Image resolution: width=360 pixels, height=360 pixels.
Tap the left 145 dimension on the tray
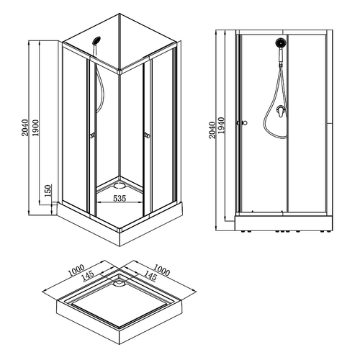[91, 276]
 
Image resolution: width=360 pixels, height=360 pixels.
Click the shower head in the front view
[279, 44]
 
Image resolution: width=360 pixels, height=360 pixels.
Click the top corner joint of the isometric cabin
[118, 71]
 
